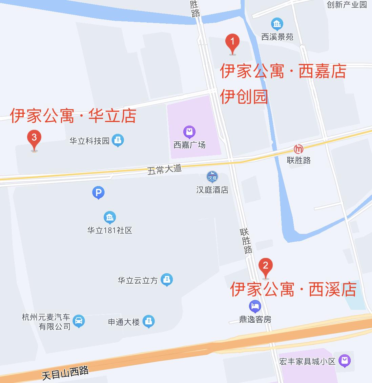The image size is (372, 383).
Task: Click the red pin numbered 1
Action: point(232,43)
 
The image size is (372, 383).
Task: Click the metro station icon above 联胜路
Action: point(298,149)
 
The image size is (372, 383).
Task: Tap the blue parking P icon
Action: point(98,193)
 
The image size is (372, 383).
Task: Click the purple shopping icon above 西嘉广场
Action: point(189,132)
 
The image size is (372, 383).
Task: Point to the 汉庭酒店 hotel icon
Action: point(212,177)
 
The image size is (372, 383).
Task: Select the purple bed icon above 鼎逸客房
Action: point(255,306)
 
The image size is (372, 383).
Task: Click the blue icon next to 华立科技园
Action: point(118,140)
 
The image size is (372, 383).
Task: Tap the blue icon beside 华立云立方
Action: point(166,280)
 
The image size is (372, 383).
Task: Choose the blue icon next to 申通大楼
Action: point(148,321)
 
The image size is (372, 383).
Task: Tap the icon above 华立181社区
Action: point(109,218)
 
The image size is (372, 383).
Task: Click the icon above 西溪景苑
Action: point(277,24)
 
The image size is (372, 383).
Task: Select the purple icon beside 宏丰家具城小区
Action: point(345,361)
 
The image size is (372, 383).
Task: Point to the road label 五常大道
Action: point(164,169)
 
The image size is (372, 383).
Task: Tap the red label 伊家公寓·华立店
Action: point(73,116)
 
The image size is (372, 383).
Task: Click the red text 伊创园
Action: point(244,97)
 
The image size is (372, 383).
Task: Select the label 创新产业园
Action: point(347,4)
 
